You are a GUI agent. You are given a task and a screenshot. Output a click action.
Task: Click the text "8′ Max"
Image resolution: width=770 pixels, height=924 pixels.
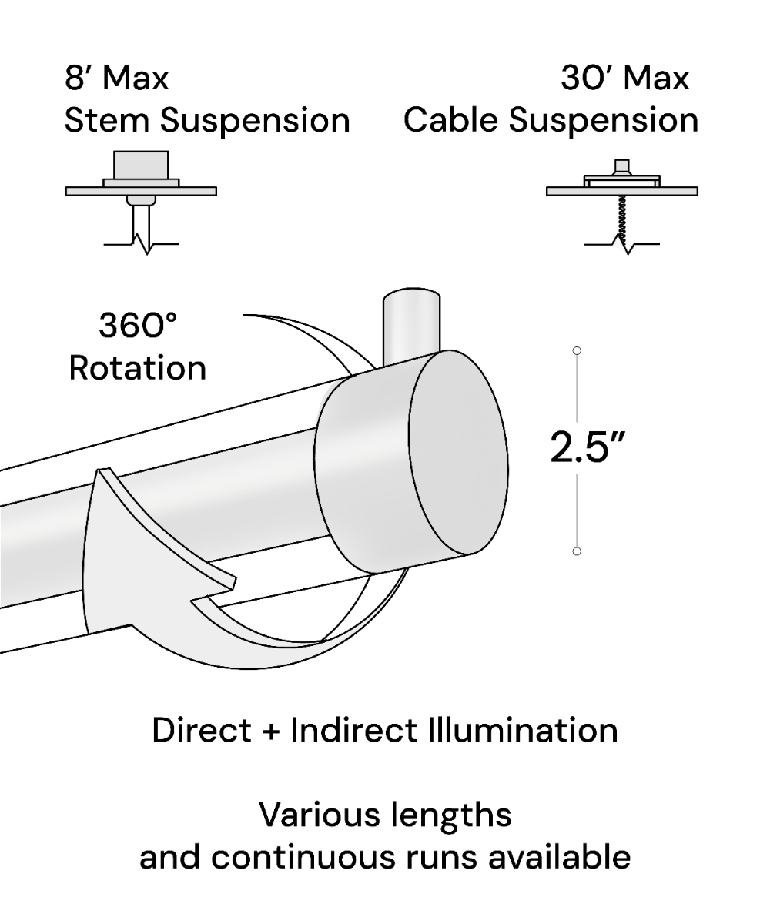pos(116,78)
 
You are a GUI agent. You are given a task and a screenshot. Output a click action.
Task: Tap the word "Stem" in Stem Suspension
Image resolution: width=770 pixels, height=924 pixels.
pos(106,121)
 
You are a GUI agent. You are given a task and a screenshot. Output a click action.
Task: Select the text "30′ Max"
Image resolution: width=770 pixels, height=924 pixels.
pos(624,78)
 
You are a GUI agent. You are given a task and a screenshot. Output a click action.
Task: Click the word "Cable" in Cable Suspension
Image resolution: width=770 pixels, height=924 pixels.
pos(450,121)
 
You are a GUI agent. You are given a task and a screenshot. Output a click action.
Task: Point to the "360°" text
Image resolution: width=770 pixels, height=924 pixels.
pos(138,326)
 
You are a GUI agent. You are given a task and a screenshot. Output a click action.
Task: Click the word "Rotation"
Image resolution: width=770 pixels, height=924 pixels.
pos(138,368)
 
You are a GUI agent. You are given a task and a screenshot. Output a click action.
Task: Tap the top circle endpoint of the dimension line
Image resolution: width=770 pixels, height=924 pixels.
pos(577,351)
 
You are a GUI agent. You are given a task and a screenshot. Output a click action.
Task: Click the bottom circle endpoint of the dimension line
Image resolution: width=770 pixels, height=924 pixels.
pos(577,551)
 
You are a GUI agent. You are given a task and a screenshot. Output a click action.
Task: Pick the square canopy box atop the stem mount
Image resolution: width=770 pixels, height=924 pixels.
pos(141,165)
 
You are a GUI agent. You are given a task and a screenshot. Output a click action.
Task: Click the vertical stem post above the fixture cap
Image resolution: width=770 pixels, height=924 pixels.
pos(413,323)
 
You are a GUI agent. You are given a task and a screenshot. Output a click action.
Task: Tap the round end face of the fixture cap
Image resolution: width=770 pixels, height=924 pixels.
pos(458,453)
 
